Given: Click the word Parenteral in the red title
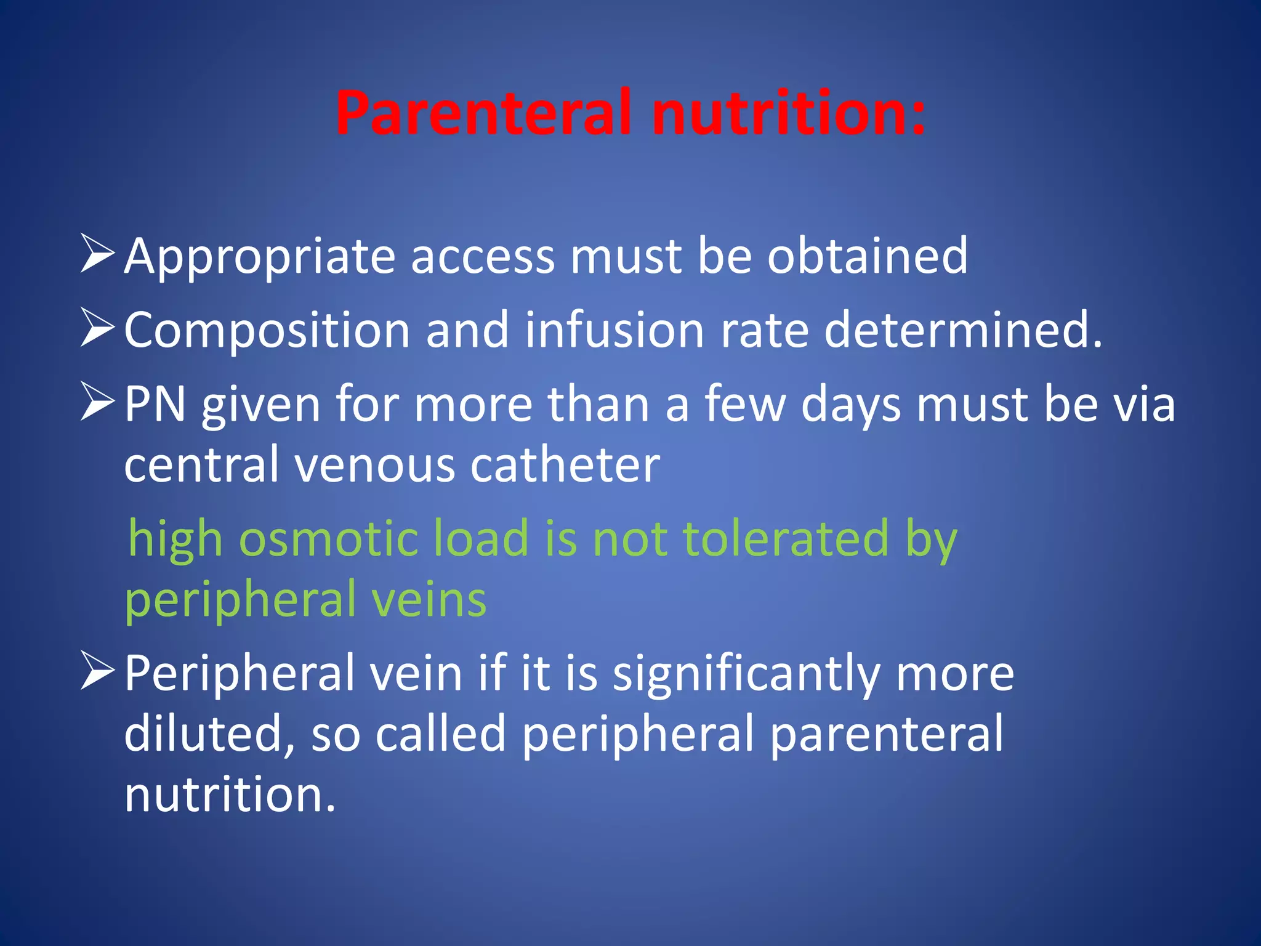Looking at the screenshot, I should coord(483,114).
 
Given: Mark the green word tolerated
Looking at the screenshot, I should coord(786,538).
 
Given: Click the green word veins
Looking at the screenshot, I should coord(428,599).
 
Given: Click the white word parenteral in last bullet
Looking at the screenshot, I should coord(887,734).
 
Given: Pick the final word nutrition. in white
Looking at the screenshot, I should coord(230,794).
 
